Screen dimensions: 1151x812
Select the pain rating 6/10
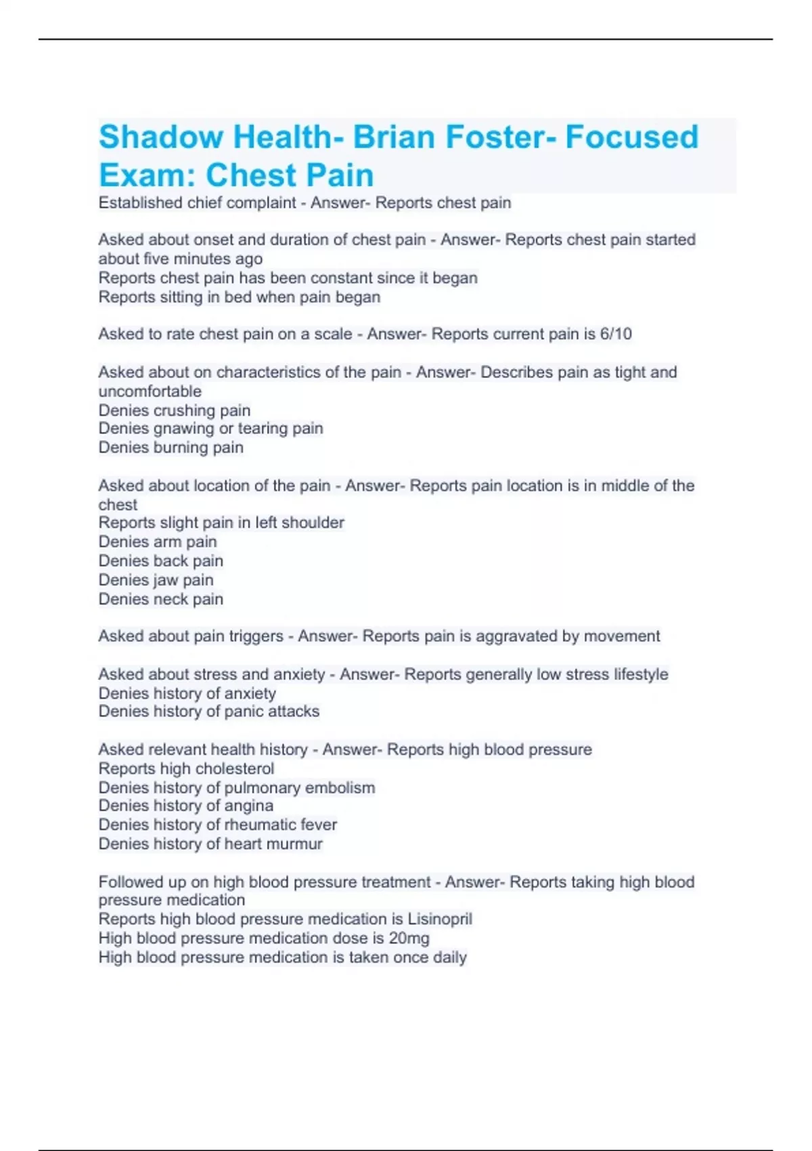point(616,334)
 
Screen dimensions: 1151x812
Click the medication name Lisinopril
point(440,919)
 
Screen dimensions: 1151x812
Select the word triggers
point(256,636)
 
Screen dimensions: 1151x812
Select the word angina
point(249,806)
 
